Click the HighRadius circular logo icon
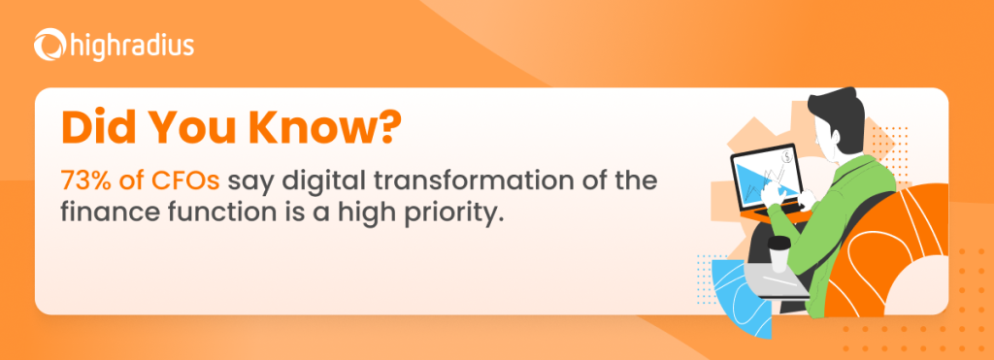point(50,46)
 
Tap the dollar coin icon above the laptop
point(786,156)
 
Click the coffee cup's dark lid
point(779,244)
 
